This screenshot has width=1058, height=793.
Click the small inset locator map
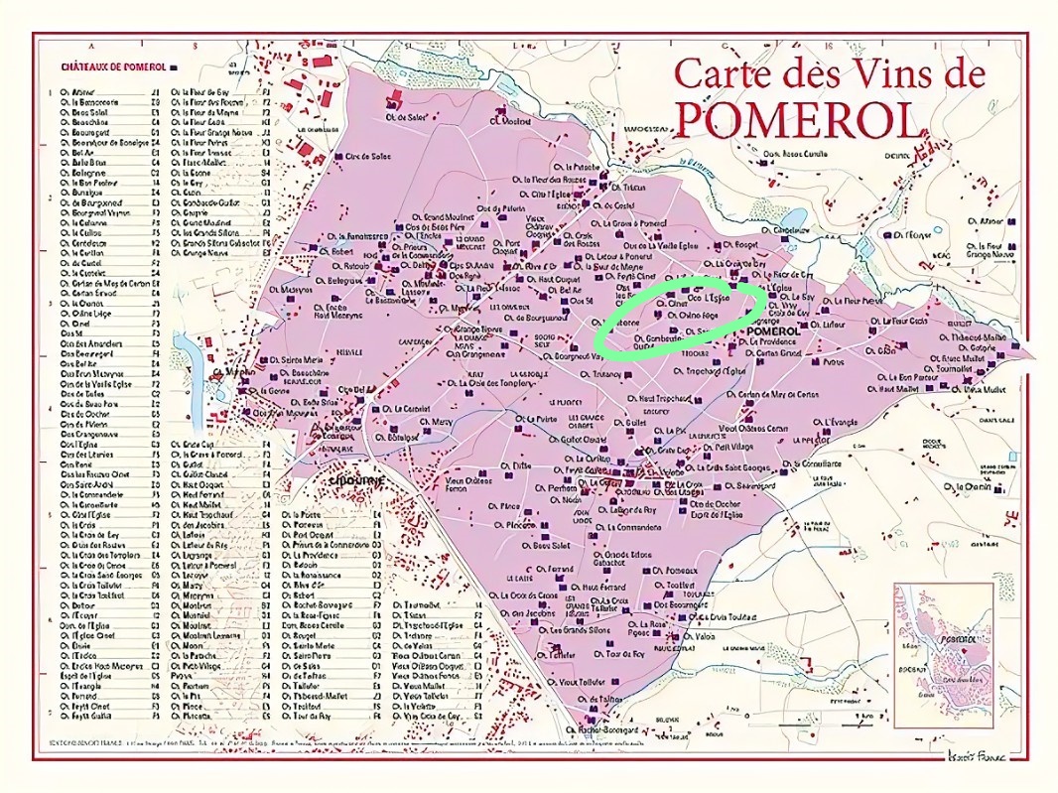943,642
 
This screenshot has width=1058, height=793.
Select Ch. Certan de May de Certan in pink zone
778,394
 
